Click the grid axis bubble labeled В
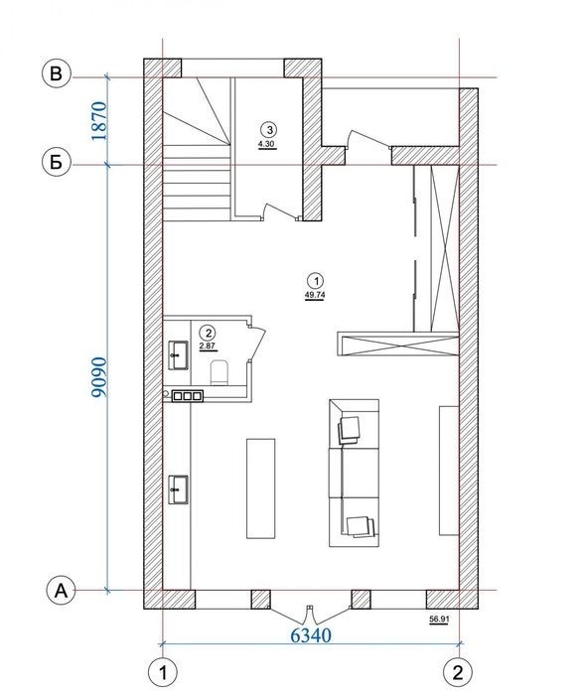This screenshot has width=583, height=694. (56, 73)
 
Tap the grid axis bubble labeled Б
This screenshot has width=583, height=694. (56, 163)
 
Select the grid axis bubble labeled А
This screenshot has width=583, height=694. (62, 591)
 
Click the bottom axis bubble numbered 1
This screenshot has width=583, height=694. (163, 673)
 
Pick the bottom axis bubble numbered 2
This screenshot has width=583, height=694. (458, 673)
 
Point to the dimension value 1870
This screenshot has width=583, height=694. (99, 121)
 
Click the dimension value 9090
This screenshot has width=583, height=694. (99, 376)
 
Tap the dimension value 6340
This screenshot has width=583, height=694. (311, 635)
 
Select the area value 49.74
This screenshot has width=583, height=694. (315, 295)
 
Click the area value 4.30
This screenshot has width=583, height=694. (268, 144)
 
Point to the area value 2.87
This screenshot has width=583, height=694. (208, 346)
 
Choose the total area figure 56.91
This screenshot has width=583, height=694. (439, 620)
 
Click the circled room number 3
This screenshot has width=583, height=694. (269, 130)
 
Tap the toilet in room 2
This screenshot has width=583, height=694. (219, 371)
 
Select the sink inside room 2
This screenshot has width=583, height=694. (179, 355)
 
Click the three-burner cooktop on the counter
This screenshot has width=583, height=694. (188, 396)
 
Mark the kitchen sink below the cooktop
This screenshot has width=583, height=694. (179, 489)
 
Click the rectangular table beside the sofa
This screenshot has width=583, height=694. (261, 488)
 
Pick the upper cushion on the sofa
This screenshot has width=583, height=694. (350, 429)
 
